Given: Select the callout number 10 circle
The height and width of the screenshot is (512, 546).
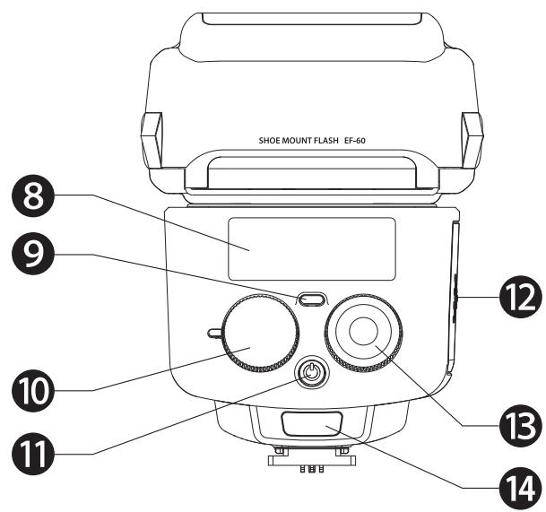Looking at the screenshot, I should point(36,391).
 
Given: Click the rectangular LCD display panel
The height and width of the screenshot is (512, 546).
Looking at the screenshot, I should point(311,247).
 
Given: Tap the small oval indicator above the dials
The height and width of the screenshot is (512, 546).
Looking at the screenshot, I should point(311,299).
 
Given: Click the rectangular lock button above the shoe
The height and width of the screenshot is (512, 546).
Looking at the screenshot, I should point(311,424).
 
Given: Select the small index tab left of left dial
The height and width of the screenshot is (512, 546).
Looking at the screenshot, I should point(214,333).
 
